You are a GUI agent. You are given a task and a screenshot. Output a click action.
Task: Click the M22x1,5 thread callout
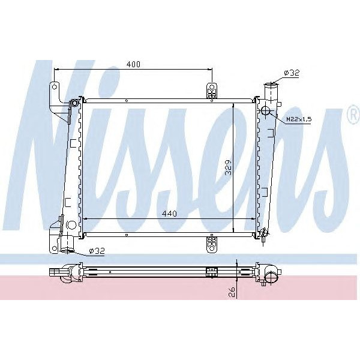pyautogui.click(x=298, y=119)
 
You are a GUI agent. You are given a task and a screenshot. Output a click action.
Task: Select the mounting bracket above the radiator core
pyautogui.click(x=211, y=90)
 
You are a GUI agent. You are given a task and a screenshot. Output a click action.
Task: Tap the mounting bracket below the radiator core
pyautogui.click(x=211, y=243)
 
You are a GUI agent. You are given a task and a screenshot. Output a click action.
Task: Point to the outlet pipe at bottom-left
pyautogui.click(x=67, y=244)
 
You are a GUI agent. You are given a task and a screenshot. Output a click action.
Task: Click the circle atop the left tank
pyautogui.click(x=74, y=105)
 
